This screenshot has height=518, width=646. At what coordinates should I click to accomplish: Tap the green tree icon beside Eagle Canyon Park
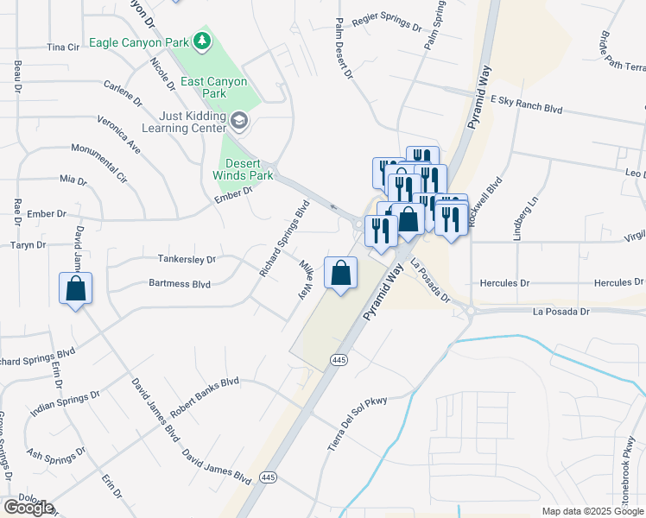point(201,41)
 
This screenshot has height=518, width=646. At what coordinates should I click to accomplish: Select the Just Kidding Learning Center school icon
point(239,121)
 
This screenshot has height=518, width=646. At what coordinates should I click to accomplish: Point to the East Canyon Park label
point(214,87)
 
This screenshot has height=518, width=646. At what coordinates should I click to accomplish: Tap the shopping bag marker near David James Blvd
point(75,287)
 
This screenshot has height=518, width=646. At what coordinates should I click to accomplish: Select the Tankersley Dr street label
point(187,258)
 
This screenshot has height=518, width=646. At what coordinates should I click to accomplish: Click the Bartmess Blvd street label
point(180,282)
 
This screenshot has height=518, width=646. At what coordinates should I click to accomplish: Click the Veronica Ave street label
point(119,135)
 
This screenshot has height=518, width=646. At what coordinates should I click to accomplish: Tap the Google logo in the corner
point(28,508)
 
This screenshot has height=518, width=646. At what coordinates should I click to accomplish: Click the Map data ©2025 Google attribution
point(592,511)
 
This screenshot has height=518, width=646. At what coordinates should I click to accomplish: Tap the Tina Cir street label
point(63,47)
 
